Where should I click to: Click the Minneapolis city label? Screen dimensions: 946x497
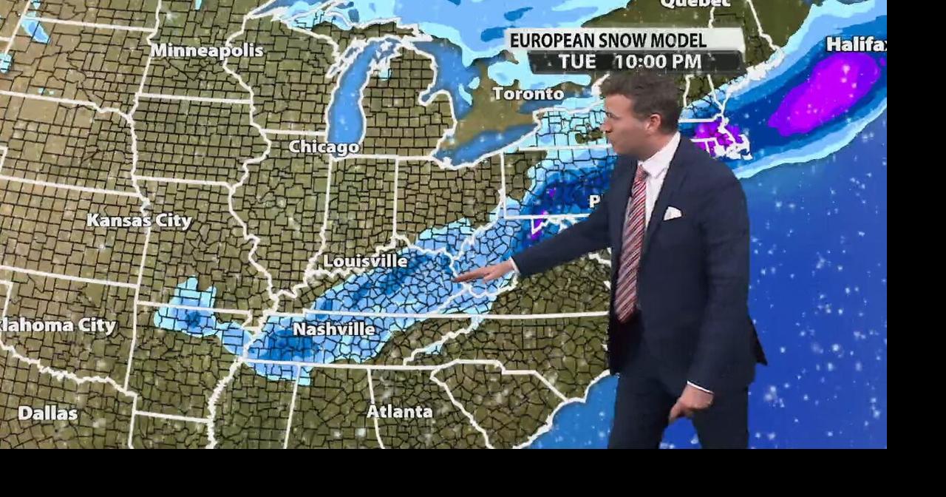tap(207, 51)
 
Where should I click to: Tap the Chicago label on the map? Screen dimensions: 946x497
tap(324, 147)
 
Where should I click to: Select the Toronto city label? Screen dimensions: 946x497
tap(528, 94)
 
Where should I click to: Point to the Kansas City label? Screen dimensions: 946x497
tap(139, 220)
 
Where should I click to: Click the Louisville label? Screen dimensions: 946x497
tap(365, 261)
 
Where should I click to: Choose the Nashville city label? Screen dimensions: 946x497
tap(333, 329)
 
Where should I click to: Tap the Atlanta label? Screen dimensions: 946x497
tap(399, 411)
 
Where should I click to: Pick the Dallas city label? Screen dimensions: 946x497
tap(47, 413)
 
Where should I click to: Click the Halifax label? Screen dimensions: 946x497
tap(856, 44)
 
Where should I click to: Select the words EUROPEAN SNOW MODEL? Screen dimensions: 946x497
tap(608, 40)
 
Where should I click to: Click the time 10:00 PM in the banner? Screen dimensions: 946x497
tap(657, 61)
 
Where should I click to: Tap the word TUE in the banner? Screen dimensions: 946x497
tap(577, 61)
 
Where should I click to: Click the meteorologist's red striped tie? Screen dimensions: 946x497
tap(630, 244)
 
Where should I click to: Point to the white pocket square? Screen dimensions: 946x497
tap(671, 213)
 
